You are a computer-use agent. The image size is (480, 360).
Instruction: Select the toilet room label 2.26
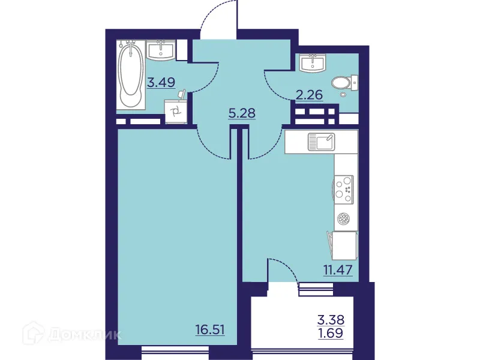click(x=309, y=94)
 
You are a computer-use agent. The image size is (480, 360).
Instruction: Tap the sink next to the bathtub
click(x=161, y=50)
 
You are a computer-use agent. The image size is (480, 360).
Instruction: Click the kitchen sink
click(x=322, y=142)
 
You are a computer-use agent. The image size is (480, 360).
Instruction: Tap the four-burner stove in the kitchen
click(x=344, y=187)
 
